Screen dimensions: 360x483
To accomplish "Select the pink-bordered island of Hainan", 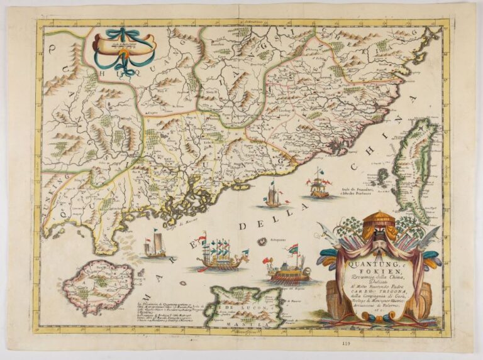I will click(98, 287).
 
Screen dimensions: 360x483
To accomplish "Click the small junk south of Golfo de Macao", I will click(155, 246).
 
